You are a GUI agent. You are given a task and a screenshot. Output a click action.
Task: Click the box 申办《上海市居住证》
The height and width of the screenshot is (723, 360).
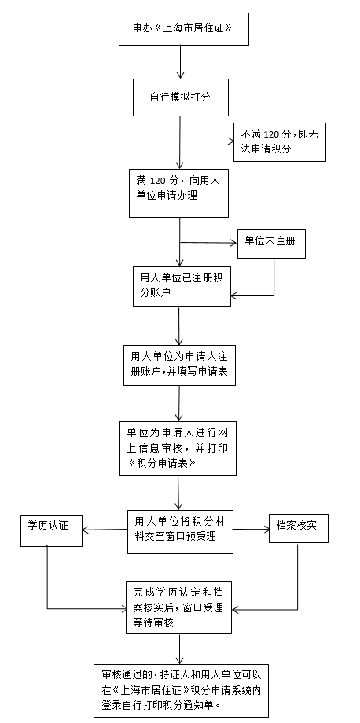pos(184,28)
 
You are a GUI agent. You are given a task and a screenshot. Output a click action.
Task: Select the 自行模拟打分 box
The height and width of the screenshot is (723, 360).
pos(181,97)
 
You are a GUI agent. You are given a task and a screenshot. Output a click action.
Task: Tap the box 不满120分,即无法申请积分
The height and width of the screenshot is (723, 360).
pos(279,142)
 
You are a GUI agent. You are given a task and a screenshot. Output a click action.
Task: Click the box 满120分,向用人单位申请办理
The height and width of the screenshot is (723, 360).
pos(179,193)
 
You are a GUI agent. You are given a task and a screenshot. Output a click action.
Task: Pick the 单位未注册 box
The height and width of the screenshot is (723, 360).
pos(271,243)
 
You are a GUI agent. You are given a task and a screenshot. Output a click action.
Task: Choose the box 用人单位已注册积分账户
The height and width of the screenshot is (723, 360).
pos(182,286)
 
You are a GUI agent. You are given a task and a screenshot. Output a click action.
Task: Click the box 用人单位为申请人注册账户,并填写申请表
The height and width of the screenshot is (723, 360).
pos(179,365)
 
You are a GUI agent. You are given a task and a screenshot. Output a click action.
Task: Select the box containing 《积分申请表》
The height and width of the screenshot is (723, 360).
pos(178,448)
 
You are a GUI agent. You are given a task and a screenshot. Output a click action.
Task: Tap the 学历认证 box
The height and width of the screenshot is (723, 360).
pos(52,530)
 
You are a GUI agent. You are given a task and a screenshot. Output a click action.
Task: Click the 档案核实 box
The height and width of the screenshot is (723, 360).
pos(299,528)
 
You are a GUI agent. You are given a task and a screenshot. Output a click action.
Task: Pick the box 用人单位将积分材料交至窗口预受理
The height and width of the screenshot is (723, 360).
pos(180,532)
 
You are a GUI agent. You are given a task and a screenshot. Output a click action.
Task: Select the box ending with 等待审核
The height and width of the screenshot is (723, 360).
pos(179,607)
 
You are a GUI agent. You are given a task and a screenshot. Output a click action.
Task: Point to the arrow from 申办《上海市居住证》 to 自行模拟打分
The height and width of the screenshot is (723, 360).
pos(180,62)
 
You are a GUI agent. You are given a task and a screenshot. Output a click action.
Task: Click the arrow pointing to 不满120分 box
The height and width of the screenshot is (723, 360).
pos(208,141)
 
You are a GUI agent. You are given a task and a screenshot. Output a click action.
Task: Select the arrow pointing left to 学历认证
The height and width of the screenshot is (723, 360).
pos(105,530)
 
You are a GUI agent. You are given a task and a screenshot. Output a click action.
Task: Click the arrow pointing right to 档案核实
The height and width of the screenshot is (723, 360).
pos(252,530)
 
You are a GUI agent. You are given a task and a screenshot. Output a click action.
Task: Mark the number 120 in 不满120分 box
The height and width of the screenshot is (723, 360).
pos(271,134)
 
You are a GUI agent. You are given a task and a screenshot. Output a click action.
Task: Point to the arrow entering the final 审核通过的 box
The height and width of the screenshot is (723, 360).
pos(179,649)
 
